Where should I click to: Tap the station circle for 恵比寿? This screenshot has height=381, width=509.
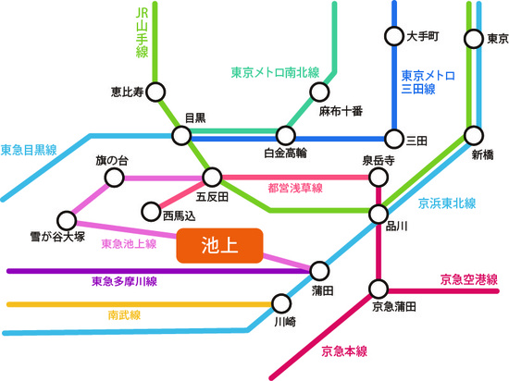155,92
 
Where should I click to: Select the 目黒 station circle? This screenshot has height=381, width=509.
181,137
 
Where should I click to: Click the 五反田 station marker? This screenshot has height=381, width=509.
213,177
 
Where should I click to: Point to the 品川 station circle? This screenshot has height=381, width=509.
378,214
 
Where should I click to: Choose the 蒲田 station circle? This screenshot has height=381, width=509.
319,271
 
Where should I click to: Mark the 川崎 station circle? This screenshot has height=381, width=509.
282,303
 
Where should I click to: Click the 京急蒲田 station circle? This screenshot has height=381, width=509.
378,287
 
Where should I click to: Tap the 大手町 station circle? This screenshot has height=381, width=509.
393,38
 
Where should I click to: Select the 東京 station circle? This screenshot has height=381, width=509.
476,39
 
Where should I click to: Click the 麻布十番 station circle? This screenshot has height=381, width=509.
319,92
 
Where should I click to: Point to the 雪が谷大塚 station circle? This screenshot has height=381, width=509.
66,220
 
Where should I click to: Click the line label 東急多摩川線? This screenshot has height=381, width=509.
124,281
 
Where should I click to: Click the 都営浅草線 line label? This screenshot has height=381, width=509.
294,189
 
